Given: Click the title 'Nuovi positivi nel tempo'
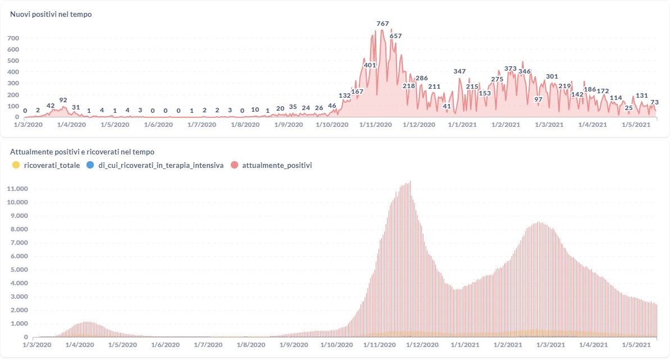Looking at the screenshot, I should tap(51, 15).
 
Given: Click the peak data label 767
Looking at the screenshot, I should tap(382, 24).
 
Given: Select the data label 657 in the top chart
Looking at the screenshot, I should tap(395, 36).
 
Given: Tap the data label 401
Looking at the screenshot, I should tap(370, 65).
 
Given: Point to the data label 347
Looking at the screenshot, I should tap(459, 71).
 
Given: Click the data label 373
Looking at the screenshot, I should tap(510, 69).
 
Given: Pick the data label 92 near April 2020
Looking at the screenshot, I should tap(63, 100).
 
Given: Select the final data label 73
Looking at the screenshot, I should tap(654, 102).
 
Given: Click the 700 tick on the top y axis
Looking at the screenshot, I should tap(13, 38).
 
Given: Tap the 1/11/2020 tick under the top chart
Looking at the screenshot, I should tap(375, 125).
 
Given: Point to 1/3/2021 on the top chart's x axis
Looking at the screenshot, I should tap(548, 125).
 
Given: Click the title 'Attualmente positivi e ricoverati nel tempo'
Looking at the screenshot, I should tap(82, 152).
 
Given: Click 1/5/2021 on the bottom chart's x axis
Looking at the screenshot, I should tap(639, 345).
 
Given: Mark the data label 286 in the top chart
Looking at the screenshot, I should tap(421, 78).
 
